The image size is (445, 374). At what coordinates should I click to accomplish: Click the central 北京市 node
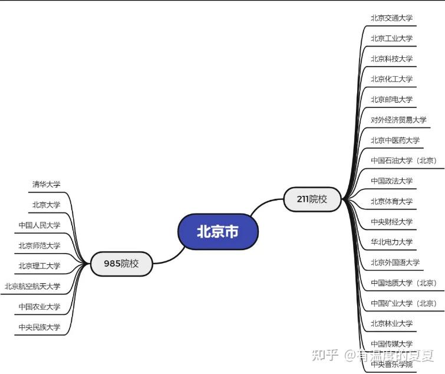click(x=218, y=231)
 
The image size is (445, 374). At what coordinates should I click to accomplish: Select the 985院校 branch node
click(x=121, y=264)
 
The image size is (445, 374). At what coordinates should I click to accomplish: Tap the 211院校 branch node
click(x=312, y=199)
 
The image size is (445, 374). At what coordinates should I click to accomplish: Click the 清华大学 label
click(x=46, y=184)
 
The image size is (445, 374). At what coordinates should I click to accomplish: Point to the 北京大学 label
click(x=46, y=205)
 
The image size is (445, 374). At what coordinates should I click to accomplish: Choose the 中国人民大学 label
click(x=39, y=225)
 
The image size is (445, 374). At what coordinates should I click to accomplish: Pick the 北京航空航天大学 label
click(x=32, y=286)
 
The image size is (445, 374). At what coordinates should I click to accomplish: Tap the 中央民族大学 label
click(x=39, y=327)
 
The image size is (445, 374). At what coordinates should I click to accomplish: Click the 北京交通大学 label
click(x=391, y=18)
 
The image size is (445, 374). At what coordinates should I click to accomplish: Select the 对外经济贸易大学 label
click(x=398, y=120)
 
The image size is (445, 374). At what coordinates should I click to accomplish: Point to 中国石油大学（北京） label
click(x=404, y=160)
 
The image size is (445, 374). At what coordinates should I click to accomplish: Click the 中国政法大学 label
click(x=391, y=181)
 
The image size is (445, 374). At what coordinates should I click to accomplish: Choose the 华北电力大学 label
click(x=391, y=242)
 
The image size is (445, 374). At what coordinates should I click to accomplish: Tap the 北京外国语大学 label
click(x=395, y=263)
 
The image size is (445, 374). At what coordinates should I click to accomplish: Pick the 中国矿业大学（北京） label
click(x=404, y=303)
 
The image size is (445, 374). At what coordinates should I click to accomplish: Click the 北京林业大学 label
click(x=391, y=323)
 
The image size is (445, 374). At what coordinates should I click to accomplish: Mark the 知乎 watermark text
click(x=325, y=355)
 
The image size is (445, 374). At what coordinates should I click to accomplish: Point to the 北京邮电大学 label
click(x=391, y=99)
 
